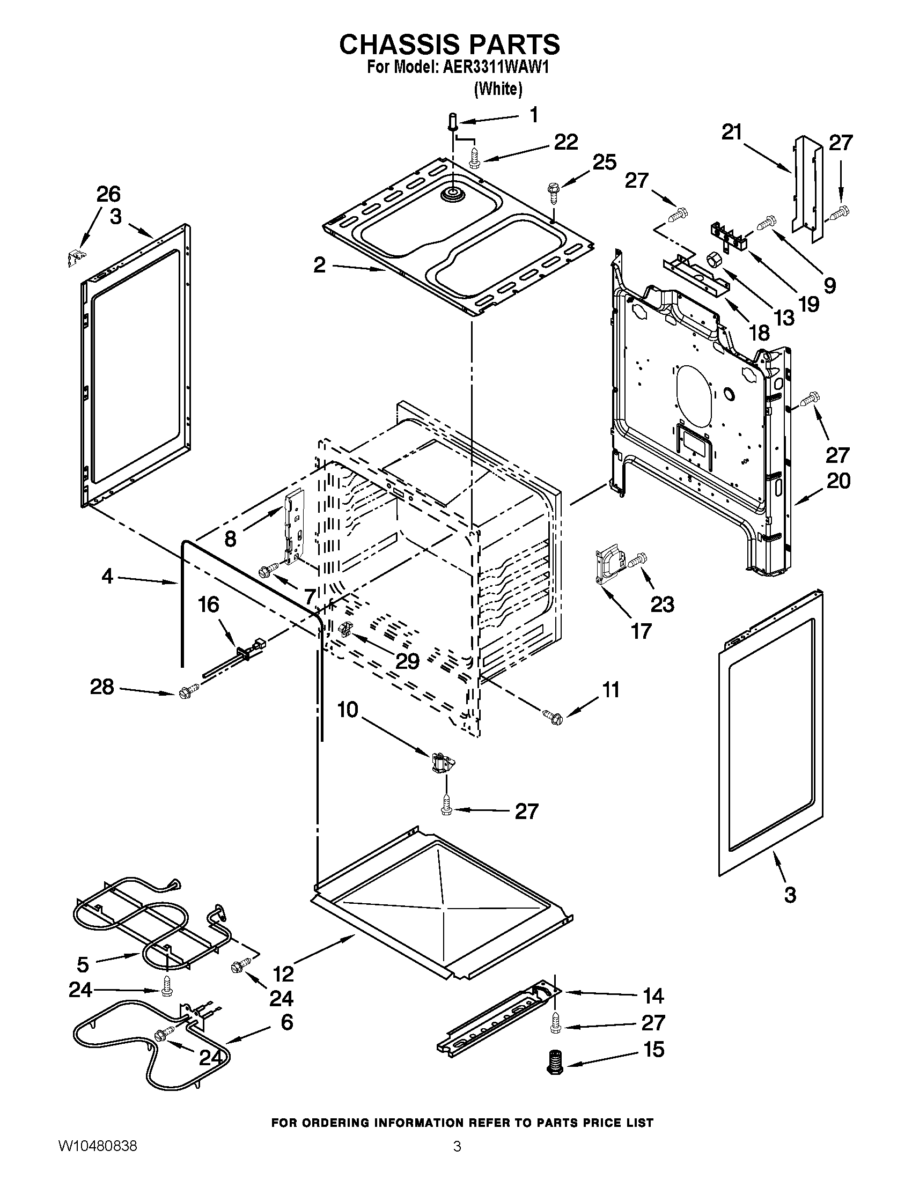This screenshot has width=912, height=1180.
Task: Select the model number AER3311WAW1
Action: [x=491, y=68]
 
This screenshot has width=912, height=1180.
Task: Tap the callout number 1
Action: [x=533, y=115]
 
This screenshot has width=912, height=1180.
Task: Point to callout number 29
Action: [x=407, y=660]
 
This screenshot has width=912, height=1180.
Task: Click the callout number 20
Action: [x=838, y=481]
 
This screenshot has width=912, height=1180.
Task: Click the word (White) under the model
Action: [x=498, y=89]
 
